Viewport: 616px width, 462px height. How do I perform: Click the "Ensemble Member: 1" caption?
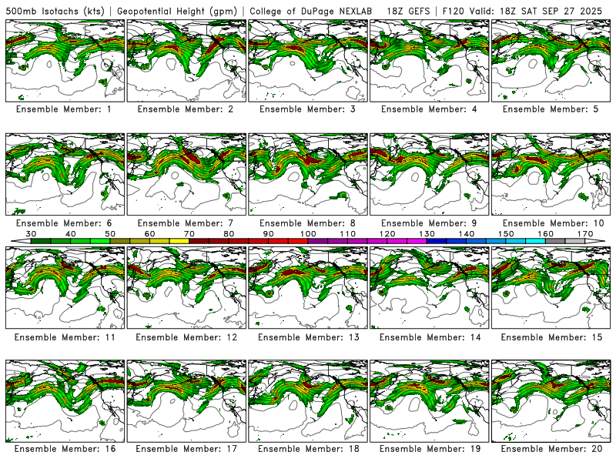62,109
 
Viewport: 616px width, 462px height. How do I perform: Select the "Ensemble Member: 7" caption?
185,223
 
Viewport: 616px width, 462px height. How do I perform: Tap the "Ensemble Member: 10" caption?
551,223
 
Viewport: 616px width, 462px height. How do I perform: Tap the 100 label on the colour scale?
308,233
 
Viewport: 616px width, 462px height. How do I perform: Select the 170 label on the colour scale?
585,233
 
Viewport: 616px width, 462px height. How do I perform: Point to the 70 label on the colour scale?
189,233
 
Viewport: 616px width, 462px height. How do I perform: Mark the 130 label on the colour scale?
427,233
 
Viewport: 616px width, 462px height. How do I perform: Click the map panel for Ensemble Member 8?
307,174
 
